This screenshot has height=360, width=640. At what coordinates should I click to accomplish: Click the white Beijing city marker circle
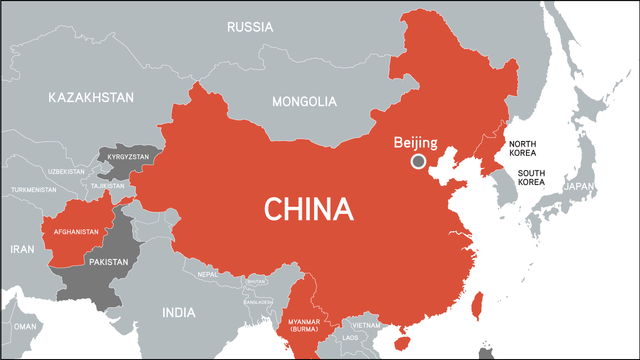418,161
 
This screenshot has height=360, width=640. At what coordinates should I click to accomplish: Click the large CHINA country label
309,209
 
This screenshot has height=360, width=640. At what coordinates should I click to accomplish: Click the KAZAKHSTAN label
90,97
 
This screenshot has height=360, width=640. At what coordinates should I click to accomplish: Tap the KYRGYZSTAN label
123,158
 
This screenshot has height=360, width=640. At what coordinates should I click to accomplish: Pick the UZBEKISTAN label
66,171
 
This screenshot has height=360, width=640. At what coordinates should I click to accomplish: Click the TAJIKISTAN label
107,186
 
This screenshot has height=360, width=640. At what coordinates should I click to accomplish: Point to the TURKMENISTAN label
33,189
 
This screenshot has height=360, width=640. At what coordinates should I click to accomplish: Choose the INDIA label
179,312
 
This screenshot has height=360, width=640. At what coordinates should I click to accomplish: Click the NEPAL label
207,273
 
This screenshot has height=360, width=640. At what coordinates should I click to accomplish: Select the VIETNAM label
367,325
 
